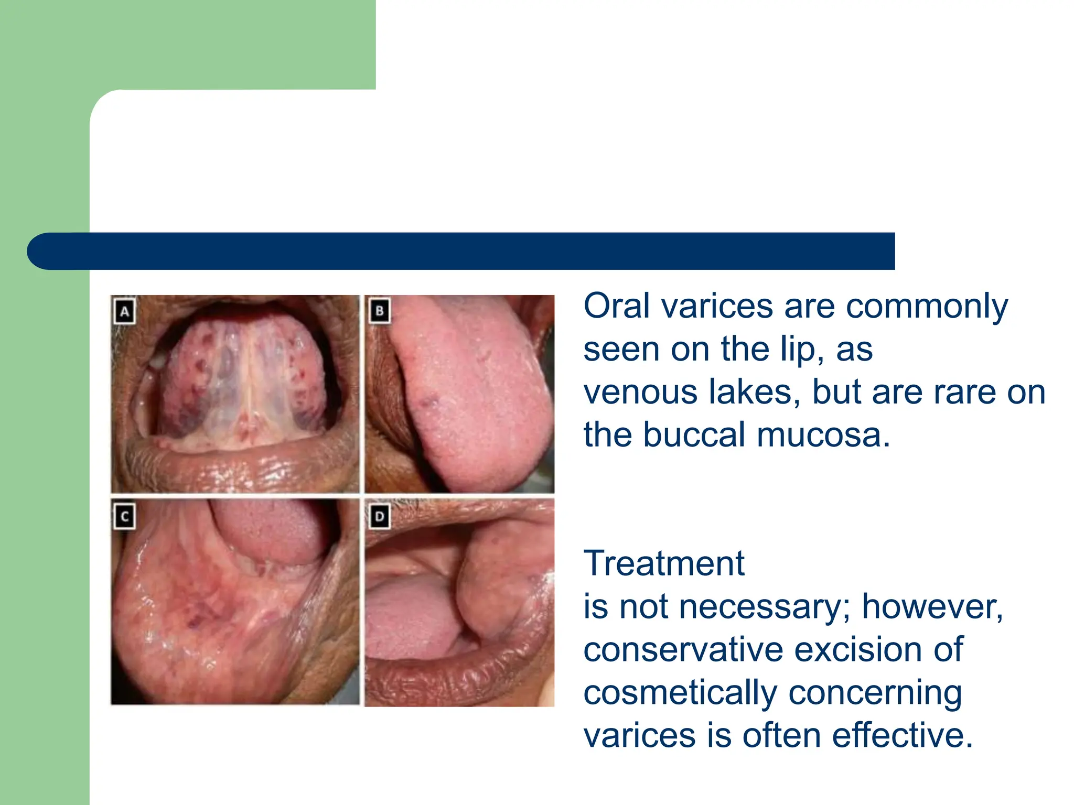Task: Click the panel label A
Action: [x=124, y=312]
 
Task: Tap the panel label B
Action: [x=379, y=311]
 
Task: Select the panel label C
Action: [x=124, y=516]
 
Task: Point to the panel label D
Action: [x=379, y=517]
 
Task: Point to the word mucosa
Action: [x=823, y=435]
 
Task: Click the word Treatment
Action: [x=664, y=564]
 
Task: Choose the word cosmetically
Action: [x=680, y=693]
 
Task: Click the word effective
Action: [x=903, y=736]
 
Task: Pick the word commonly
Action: [x=927, y=306]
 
